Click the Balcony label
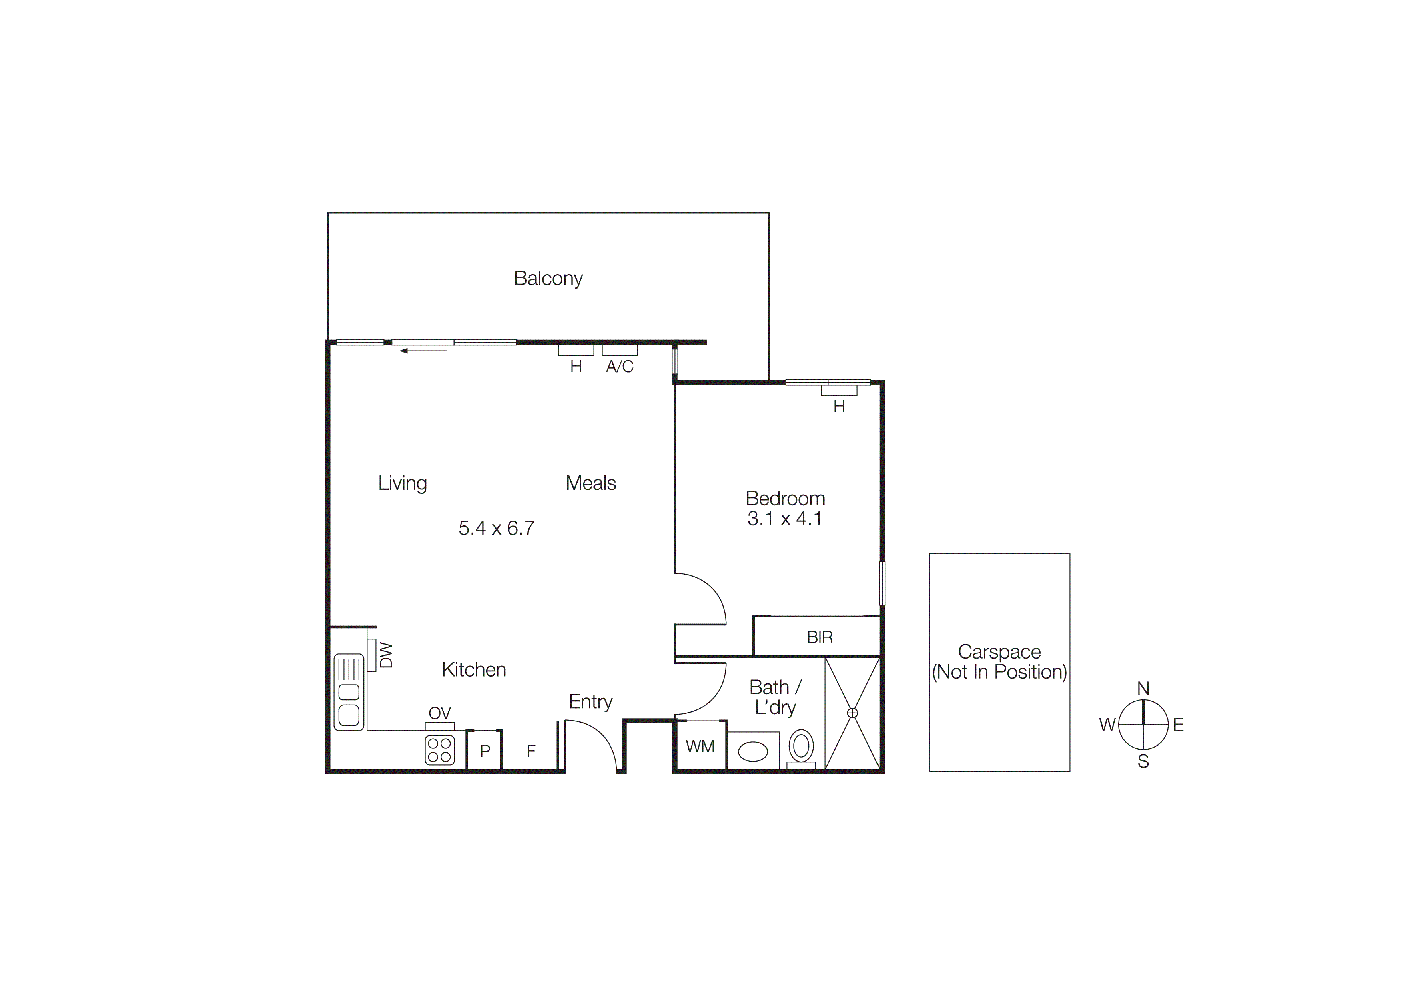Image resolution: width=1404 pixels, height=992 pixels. click(x=548, y=278)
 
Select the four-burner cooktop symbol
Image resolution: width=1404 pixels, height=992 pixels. click(x=440, y=750)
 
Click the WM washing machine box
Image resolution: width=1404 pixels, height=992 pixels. click(x=700, y=746)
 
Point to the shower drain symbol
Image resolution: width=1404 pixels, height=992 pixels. click(x=852, y=713)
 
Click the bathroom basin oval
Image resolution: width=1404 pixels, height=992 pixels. click(x=753, y=751)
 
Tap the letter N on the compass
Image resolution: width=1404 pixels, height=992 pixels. click(x=1143, y=689)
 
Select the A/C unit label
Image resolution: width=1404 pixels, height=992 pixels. click(x=620, y=367)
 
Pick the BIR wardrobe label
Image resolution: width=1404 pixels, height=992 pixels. click(x=819, y=637)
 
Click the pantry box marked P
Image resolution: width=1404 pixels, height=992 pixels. click(x=485, y=751)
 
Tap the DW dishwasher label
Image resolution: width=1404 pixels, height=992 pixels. click(x=386, y=655)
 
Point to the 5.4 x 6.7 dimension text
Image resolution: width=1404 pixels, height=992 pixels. click(x=496, y=528)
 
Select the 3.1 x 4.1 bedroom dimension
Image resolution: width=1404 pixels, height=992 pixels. click(x=784, y=519)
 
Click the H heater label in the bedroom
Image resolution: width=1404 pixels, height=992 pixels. click(x=839, y=407)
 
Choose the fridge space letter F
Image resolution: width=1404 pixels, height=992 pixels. click(x=531, y=751)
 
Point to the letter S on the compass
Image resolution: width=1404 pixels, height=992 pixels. click(x=1143, y=762)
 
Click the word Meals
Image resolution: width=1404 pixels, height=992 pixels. click(x=591, y=483)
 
